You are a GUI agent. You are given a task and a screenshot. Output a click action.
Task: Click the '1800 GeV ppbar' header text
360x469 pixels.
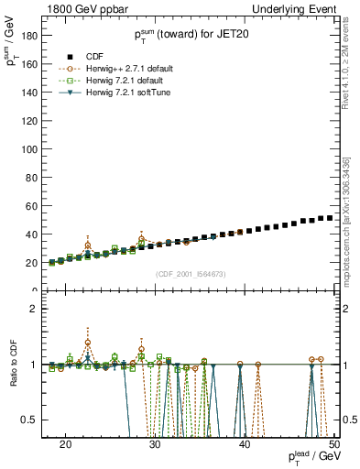(82, 8)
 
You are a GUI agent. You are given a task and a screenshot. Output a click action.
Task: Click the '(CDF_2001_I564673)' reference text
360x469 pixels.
(191, 274)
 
